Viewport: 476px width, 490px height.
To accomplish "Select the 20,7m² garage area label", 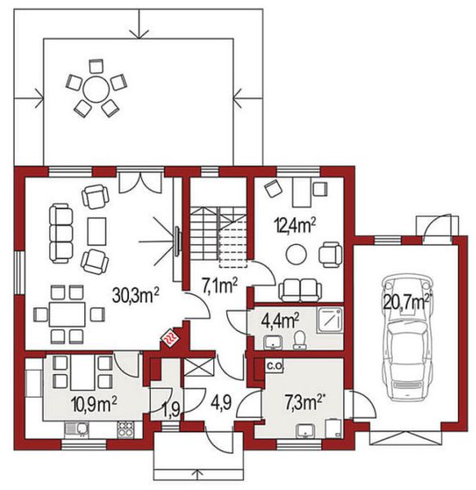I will coord(406,303).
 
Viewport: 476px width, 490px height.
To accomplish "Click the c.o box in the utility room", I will coord(274,367).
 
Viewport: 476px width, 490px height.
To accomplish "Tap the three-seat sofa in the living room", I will coord(61,229).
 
